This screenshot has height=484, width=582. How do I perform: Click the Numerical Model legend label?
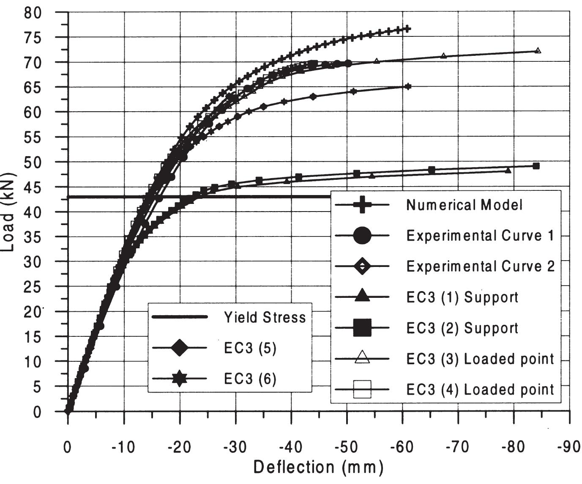point(464,205)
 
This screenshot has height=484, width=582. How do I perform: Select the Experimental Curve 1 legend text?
point(480,236)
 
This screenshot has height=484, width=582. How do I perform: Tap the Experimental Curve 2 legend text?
point(480,267)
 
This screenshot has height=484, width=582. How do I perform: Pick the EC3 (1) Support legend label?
point(462,297)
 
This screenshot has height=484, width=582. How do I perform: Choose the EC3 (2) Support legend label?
point(462,328)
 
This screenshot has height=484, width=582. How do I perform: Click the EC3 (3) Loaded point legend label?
point(480,359)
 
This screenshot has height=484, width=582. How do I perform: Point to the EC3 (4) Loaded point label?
point(480,390)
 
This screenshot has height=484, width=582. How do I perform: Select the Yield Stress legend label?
point(265,317)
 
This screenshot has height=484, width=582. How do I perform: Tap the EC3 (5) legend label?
point(250,348)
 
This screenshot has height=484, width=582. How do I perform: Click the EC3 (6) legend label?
point(250,379)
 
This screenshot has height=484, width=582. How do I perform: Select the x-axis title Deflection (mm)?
point(318,467)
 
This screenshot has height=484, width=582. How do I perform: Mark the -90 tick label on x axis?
point(569,447)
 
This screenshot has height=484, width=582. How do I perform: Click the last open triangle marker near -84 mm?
point(538,51)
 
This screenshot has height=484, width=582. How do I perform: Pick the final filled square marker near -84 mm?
point(536,166)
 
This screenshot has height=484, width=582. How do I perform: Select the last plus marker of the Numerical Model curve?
point(407,29)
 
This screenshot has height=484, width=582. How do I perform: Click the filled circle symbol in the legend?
point(362,236)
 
